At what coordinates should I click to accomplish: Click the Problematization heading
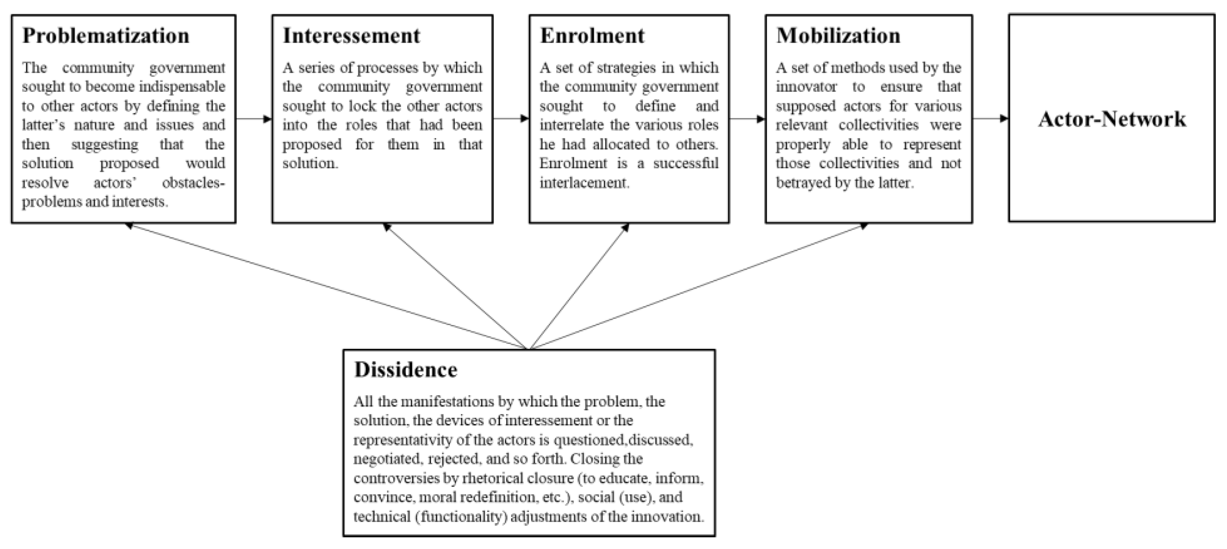pos(106,36)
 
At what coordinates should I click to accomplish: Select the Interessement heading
pos(352,36)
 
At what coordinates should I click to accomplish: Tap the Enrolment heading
pos(592,36)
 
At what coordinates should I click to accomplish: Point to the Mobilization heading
pos(838,36)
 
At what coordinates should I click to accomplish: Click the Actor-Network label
pos(1112,119)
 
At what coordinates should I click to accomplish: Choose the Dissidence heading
pos(406,370)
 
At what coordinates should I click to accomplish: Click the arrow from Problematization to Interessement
pos(254,119)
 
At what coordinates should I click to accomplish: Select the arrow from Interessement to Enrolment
pos(511,119)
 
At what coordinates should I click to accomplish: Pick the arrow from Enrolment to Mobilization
pos(747,119)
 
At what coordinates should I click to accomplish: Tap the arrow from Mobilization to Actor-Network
pos(990,119)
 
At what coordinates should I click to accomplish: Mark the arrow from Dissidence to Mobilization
pos(695,286)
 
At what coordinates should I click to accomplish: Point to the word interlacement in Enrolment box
pos(584,183)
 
